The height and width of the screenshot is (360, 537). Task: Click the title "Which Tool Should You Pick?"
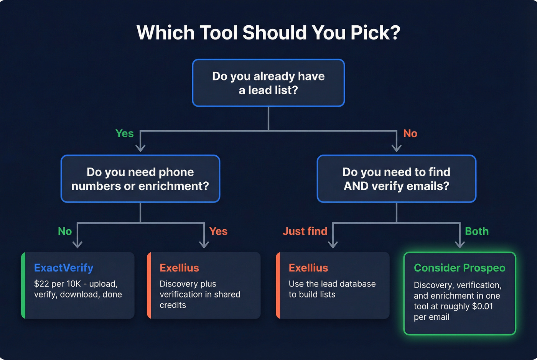click(x=268, y=33)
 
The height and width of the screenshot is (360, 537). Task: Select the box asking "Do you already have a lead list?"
click(x=268, y=83)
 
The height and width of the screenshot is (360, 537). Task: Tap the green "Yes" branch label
click(x=125, y=133)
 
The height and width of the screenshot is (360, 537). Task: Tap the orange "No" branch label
click(x=410, y=133)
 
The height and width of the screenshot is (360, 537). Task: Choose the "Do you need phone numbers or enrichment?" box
click(x=140, y=179)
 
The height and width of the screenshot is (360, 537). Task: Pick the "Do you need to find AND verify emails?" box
click(x=396, y=179)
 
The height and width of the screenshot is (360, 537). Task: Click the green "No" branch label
click(x=65, y=231)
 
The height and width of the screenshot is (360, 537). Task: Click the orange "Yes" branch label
click(x=218, y=231)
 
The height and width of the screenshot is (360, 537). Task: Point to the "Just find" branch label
click(x=305, y=231)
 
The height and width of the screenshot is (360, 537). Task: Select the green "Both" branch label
click(x=477, y=231)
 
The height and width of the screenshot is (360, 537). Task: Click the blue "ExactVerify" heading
click(x=64, y=268)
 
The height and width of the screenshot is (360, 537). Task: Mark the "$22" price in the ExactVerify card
click(x=41, y=284)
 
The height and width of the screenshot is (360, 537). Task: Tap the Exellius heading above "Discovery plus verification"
click(x=179, y=268)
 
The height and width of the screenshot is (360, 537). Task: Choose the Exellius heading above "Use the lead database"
click(x=308, y=268)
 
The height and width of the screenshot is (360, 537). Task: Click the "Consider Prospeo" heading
click(x=460, y=268)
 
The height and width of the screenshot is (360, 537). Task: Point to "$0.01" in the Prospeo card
click(x=483, y=306)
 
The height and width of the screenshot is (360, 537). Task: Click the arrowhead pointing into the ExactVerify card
click(x=77, y=244)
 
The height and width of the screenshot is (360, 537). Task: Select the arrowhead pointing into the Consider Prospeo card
click(x=460, y=244)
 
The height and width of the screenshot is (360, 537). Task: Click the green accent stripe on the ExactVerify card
click(x=23, y=285)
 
